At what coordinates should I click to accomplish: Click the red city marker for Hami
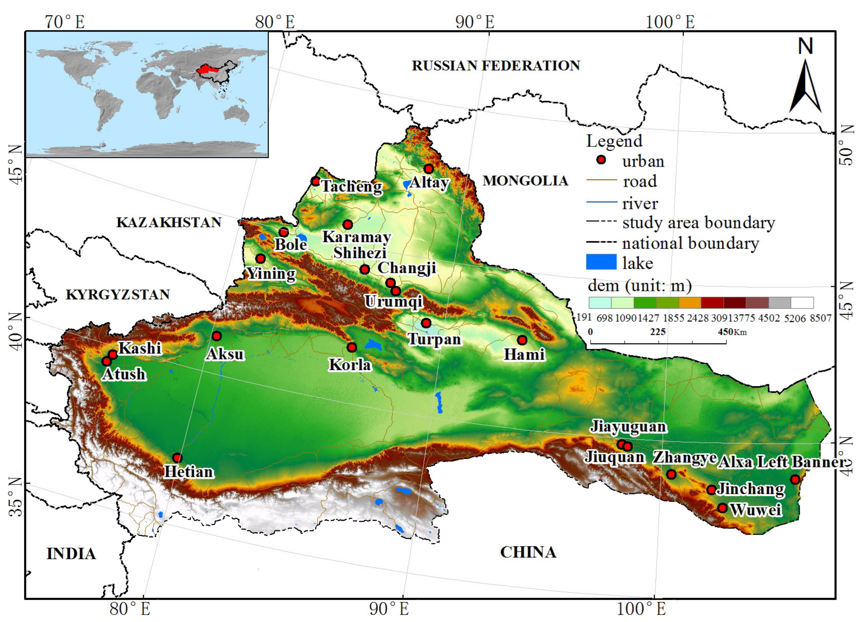coord(522,340)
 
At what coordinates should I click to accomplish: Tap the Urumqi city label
coord(394,301)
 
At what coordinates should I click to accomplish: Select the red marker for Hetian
coord(177,457)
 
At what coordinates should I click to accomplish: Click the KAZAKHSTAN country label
coord(169,222)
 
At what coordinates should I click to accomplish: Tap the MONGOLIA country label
coord(525,181)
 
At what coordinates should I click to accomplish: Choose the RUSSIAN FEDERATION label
coord(496,66)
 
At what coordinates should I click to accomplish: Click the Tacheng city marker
coord(315,181)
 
